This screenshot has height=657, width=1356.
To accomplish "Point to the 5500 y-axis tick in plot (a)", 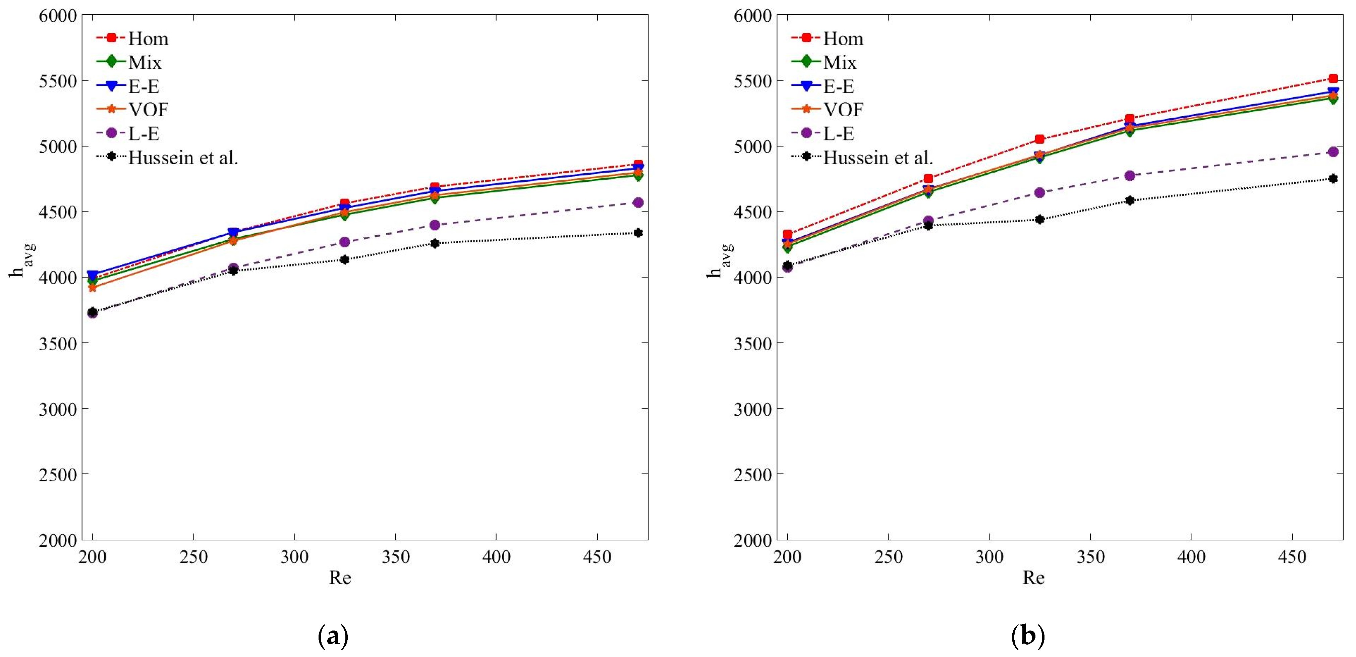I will tap(58, 81).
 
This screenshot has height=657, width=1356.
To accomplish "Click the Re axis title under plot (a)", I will tap(340, 578).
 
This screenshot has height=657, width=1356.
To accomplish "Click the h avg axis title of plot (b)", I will tap(719, 261).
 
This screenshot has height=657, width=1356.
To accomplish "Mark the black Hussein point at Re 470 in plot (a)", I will tap(638, 233).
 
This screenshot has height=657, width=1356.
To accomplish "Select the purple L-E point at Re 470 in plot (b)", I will tap(1333, 152).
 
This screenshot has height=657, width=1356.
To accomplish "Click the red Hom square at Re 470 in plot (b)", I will tap(1333, 79).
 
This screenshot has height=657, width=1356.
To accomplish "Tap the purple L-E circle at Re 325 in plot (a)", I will tap(345, 242).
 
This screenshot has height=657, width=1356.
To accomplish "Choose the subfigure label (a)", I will tap(333, 637).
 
